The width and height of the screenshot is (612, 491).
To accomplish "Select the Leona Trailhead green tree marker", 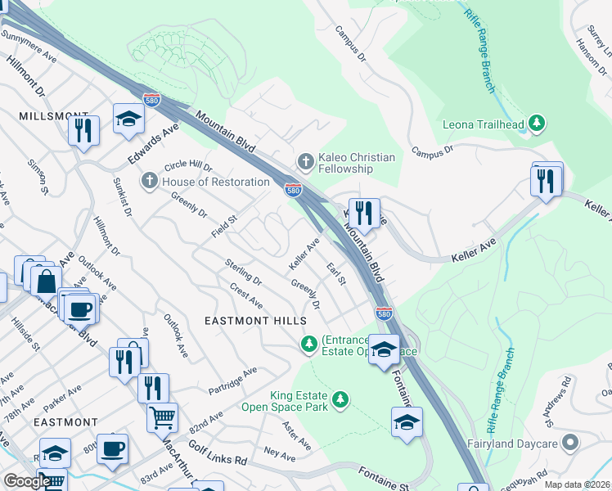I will (x=537, y=124).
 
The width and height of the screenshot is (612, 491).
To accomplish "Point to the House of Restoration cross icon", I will (x=150, y=180).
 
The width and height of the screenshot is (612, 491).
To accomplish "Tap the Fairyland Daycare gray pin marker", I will (x=571, y=443).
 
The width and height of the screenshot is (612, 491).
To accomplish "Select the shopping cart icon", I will (x=162, y=417).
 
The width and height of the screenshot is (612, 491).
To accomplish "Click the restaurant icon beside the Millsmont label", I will (x=83, y=131).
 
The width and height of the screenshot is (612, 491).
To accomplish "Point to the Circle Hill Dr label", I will (x=188, y=167).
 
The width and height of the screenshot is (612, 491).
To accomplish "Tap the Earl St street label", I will (x=336, y=274).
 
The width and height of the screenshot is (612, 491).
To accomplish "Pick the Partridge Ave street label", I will (x=232, y=379).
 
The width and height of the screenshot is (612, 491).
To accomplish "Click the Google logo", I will (x=26, y=481).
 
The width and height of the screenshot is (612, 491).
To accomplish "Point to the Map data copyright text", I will (x=576, y=484).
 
